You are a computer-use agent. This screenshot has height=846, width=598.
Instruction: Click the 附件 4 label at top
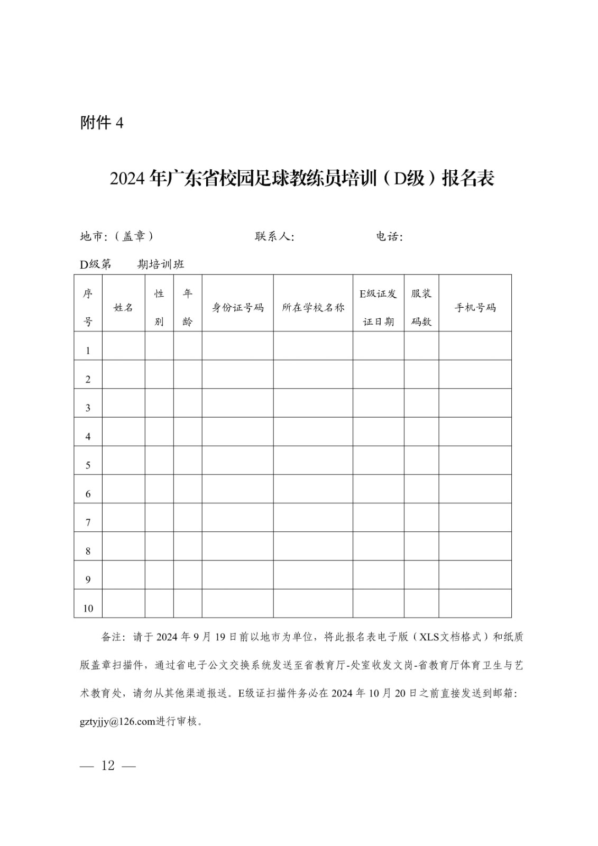pyautogui.click(x=102, y=123)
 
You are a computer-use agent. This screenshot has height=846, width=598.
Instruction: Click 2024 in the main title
pyautogui.click(x=127, y=179)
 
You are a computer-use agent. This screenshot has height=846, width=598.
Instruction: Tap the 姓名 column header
pyautogui.click(x=123, y=307)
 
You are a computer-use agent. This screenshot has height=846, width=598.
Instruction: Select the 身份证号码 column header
pyautogui.click(x=237, y=307)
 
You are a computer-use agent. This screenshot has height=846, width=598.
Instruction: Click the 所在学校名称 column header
pyautogui.click(x=313, y=307)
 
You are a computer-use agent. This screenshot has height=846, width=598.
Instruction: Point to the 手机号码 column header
pyautogui.click(x=475, y=307)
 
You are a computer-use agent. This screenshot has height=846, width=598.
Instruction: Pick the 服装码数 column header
pyautogui.click(x=421, y=307)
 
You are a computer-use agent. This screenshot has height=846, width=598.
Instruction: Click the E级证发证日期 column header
pyautogui.click(x=378, y=307)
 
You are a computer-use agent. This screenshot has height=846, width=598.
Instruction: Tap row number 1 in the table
pyautogui.click(x=88, y=351)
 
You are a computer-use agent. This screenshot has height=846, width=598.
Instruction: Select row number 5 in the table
pyautogui.click(x=88, y=465)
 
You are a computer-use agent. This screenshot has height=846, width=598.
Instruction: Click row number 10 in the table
pyautogui.click(x=88, y=608)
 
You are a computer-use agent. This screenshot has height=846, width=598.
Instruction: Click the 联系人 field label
pyautogui.click(x=274, y=236)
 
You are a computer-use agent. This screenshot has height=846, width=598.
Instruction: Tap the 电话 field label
pyautogui.click(x=389, y=236)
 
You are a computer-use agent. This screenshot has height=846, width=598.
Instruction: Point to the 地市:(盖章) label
pyautogui.click(x=117, y=236)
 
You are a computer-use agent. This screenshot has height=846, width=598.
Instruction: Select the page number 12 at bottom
pyautogui.click(x=108, y=766)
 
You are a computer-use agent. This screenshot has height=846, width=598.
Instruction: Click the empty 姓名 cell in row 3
pyautogui.click(x=123, y=403)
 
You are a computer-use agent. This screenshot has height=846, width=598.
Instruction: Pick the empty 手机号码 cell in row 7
pyautogui.click(x=475, y=517)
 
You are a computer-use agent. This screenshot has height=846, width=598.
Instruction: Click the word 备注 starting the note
pyautogui.click(x=112, y=637)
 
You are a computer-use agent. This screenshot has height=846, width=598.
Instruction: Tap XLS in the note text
pyautogui.click(x=430, y=637)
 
